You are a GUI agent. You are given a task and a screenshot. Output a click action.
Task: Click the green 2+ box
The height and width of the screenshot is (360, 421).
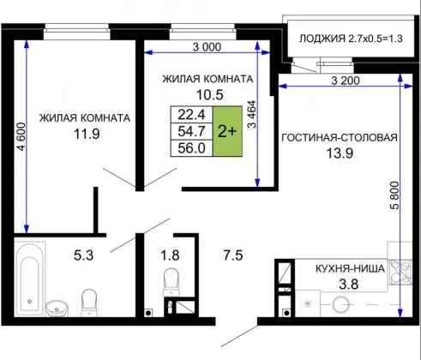tap(227, 131)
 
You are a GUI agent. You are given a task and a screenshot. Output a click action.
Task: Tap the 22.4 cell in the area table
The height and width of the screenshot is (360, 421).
tap(191, 115)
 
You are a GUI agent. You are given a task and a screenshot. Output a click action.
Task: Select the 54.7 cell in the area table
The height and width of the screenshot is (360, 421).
tap(191, 131)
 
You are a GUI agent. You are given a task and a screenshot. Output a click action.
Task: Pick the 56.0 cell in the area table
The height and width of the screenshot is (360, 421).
tap(191, 148)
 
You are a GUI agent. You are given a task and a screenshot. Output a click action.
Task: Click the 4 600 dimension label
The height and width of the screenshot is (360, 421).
tap(21, 136)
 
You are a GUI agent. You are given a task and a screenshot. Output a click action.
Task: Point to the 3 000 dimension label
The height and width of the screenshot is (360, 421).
tap(207, 47)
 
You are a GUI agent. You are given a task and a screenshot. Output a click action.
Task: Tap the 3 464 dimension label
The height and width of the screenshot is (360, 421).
tap(252, 114)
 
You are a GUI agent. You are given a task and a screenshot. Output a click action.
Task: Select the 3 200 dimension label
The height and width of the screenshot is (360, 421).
tap(346, 81)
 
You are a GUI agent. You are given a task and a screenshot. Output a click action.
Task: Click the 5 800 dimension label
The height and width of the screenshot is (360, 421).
tap(394, 195)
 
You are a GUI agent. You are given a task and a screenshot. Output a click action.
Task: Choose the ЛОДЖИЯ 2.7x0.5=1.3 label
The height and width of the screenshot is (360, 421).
tap(351, 39)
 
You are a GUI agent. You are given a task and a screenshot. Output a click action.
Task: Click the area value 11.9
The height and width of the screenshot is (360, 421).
tap(87, 134)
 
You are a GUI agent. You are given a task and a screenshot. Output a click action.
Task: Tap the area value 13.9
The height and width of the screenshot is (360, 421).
tap(340, 153)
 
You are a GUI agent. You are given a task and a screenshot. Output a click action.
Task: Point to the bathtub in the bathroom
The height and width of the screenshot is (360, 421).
tap(30, 279)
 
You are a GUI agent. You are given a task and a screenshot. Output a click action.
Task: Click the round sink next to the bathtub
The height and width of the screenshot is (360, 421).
tap(57, 308)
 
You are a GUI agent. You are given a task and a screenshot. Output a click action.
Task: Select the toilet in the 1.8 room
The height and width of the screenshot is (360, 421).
tap(171, 281)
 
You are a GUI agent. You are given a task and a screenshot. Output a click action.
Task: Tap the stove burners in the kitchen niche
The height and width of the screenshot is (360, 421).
tap(400, 273)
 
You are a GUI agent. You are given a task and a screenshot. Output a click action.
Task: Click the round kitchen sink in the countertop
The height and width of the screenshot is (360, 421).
tap(341, 304)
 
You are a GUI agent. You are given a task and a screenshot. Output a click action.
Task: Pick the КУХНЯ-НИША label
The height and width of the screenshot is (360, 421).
tap(350, 269)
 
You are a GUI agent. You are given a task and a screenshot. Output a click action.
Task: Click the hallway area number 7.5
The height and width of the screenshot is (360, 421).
tap(233, 255)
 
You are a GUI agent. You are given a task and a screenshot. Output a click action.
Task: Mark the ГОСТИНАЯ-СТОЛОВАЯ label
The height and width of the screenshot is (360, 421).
tap(340, 137)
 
